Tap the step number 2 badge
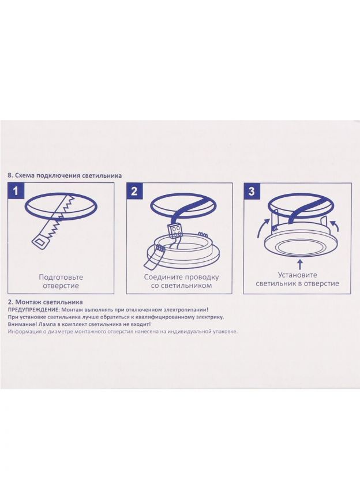[x=134, y=191]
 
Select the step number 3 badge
[x=252, y=191]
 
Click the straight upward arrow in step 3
[x=301, y=265]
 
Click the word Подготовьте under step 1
[x=61, y=277]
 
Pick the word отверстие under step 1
[x=61, y=286]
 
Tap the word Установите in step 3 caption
[x=297, y=275]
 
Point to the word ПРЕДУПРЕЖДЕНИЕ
[x=29, y=310]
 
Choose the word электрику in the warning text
[x=211, y=317]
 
